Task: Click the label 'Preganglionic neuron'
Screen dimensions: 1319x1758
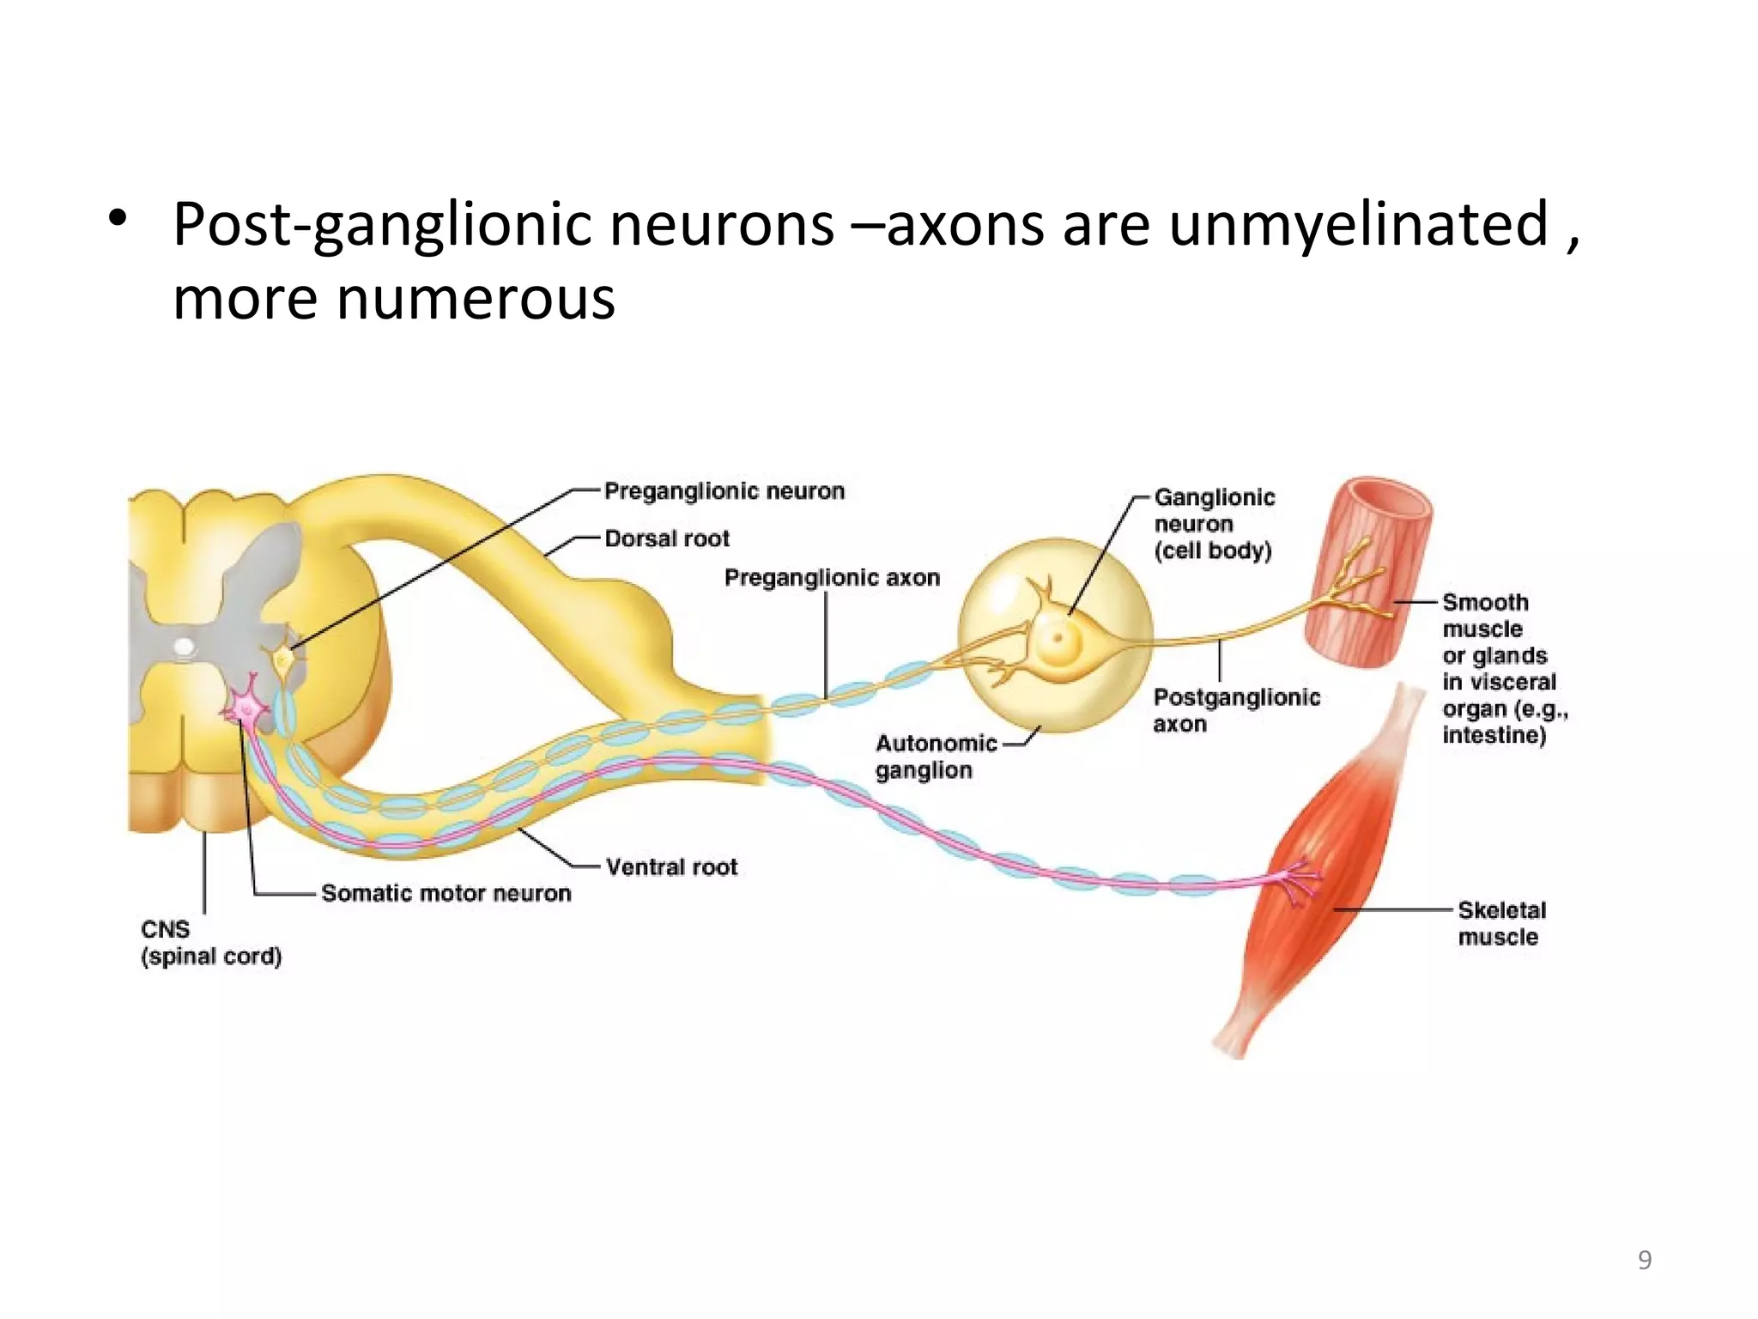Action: pyautogui.click(x=724, y=491)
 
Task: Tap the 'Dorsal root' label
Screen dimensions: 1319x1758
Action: pyautogui.click(x=666, y=538)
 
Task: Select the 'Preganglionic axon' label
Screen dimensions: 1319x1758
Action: pyautogui.click(x=831, y=577)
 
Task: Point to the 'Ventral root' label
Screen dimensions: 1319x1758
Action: pyautogui.click(x=671, y=866)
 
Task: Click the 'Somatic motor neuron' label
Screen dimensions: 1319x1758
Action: pyautogui.click(x=446, y=893)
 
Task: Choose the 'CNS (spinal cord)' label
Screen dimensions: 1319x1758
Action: pyautogui.click(x=210, y=943)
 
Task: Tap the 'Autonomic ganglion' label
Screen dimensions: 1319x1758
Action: pyautogui.click(x=935, y=757)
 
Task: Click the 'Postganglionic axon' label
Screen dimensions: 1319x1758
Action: pyautogui.click(x=1235, y=710)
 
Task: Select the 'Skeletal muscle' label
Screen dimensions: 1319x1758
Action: pyautogui.click(x=1500, y=923)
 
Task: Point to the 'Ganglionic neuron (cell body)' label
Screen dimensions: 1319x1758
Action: pyautogui.click(x=1213, y=524)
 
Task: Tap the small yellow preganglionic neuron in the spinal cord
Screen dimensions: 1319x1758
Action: pyautogui.click(x=283, y=659)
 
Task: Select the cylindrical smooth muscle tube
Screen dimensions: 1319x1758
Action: pyautogui.click(x=1367, y=574)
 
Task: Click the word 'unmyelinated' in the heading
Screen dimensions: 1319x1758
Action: pyautogui.click(x=1358, y=225)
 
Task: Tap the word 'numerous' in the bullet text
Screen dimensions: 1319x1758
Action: pyautogui.click(x=476, y=299)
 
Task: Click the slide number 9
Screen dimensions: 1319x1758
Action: pyautogui.click(x=1644, y=1260)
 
